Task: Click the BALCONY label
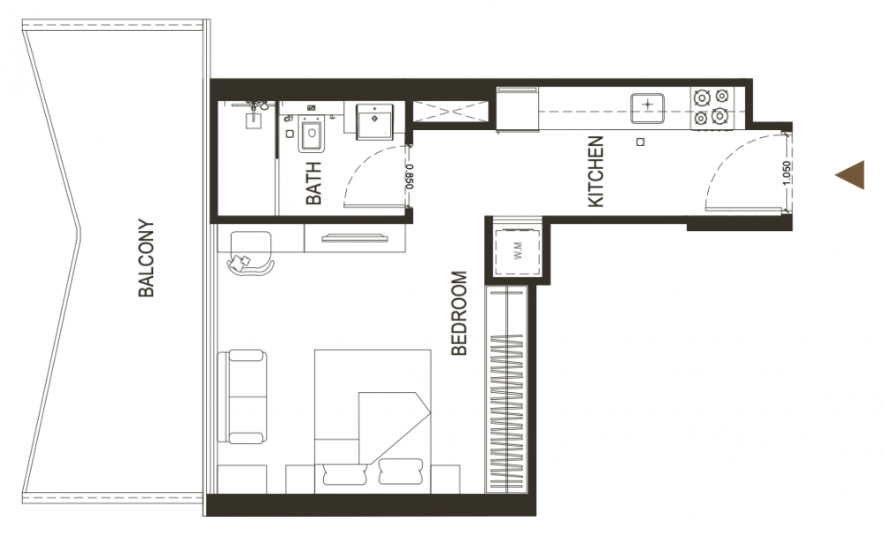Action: coord(146,258)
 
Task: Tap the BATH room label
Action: coord(313,183)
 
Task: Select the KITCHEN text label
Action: coord(596,172)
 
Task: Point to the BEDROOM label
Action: coord(459,313)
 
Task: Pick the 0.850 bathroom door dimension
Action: coord(410,177)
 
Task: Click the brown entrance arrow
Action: coord(850,175)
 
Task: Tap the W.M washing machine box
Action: coord(518,252)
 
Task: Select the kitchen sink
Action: coord(648,108)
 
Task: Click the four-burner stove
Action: coord(710,107)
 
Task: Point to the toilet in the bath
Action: coord(311,134)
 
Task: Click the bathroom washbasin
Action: coord(373,121)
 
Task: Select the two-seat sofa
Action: coord(242,397)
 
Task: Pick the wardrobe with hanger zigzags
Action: coord(507,389)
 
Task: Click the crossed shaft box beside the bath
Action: coord(450,111)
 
